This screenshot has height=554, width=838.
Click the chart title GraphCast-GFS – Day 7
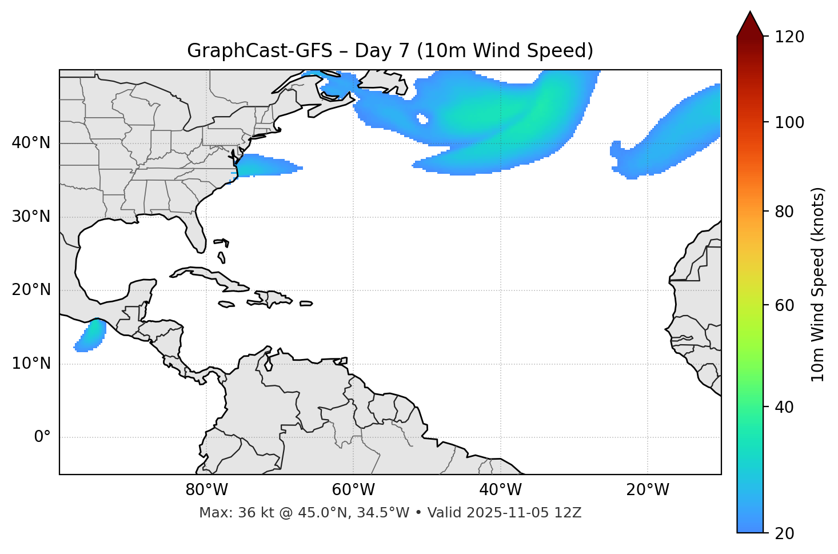tap(390, 51)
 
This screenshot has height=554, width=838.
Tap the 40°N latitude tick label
tap(31, 143)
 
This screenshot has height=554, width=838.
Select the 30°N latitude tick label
tap(31, 217)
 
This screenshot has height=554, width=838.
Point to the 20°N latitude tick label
tap(31, 290)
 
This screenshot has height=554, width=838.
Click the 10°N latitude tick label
tap(31, 364)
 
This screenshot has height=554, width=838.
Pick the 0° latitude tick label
tap(42, 437)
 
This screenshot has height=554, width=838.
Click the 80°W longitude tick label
tap(206, 490)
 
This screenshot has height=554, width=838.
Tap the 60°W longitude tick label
tap(353, 490)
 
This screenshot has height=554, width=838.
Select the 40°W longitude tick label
tap(500, 490)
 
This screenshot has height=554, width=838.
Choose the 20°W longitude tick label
tap(647, 490)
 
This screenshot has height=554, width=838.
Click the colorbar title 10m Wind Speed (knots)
tap(818, 284)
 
